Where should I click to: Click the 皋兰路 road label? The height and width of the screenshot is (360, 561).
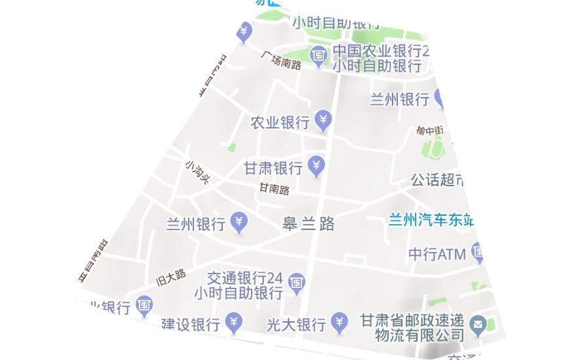pos(308,224)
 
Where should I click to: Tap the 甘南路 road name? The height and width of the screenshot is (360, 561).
pos(274,190)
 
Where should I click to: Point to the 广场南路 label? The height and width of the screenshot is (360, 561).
pos(281,60)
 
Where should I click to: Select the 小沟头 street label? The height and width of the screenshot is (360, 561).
pos(197,172)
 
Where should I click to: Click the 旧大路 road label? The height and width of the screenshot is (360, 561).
pos(171,277)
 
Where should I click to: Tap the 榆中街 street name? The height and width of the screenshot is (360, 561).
pos(430,130)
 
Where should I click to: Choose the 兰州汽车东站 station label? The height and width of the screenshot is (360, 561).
pos(431,220)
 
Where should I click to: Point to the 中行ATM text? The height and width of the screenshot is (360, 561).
pos(437,254)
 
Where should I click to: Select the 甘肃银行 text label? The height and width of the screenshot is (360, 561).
pos(273,168)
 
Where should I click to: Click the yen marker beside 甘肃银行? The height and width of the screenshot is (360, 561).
pos(317,165)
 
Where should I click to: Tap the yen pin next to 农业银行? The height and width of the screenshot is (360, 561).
pos(323,120)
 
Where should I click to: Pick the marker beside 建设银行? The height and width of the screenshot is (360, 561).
pos(234,321)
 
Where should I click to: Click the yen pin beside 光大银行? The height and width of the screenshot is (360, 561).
pos(339,321)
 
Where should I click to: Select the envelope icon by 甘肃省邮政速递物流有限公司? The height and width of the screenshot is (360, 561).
pos(478,324)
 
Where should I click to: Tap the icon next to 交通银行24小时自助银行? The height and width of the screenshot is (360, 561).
pos(297,282)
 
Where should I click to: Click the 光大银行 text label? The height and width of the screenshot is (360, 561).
pos(296,325)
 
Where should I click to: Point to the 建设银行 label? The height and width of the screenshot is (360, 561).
pos(191,325)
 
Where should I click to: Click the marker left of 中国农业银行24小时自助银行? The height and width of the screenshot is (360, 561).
pos(319,56)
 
